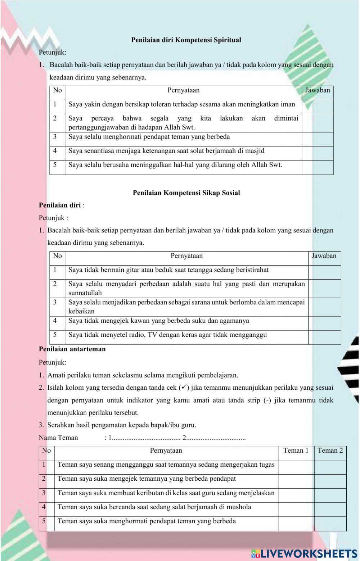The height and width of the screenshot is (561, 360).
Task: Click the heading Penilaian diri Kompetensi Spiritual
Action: tap(186, 40)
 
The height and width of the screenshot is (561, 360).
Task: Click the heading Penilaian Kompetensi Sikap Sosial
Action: tap(186, 193)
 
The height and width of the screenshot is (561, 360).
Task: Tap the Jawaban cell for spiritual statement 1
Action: tap(317, 107)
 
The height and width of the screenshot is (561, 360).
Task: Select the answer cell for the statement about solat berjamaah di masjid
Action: tap(317, 153)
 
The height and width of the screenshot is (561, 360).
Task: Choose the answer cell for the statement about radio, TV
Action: tap(324, 337)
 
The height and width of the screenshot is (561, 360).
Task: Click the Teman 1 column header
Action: tap(296, 451)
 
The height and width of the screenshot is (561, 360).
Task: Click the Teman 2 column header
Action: tap(330, 451)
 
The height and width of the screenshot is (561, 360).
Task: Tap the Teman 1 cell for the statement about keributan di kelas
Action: tap(296, 496)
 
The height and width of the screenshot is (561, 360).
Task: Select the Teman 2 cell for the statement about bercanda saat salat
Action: tap(330, 510)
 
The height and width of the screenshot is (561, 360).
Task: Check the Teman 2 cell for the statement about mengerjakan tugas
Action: tap(330, 467)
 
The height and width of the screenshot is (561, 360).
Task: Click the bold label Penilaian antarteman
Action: tap(72, 349)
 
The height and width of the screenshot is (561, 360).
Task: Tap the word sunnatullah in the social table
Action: tap(85, 293)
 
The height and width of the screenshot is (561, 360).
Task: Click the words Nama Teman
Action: tap(58, 438)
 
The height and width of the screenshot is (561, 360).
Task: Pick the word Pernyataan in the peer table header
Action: tap(166, 451)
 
